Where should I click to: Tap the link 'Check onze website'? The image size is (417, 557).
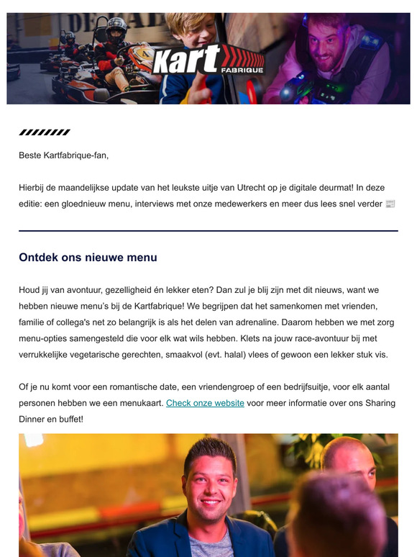[205, 404]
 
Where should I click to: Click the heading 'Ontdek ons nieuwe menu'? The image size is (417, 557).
[88, 257]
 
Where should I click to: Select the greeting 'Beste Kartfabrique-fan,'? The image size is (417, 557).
[63, 154]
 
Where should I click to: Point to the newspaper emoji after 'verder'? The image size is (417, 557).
[390, 204]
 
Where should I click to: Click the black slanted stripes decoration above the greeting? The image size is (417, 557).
[45, 132]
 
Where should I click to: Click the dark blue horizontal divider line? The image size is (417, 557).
[208, 231]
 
